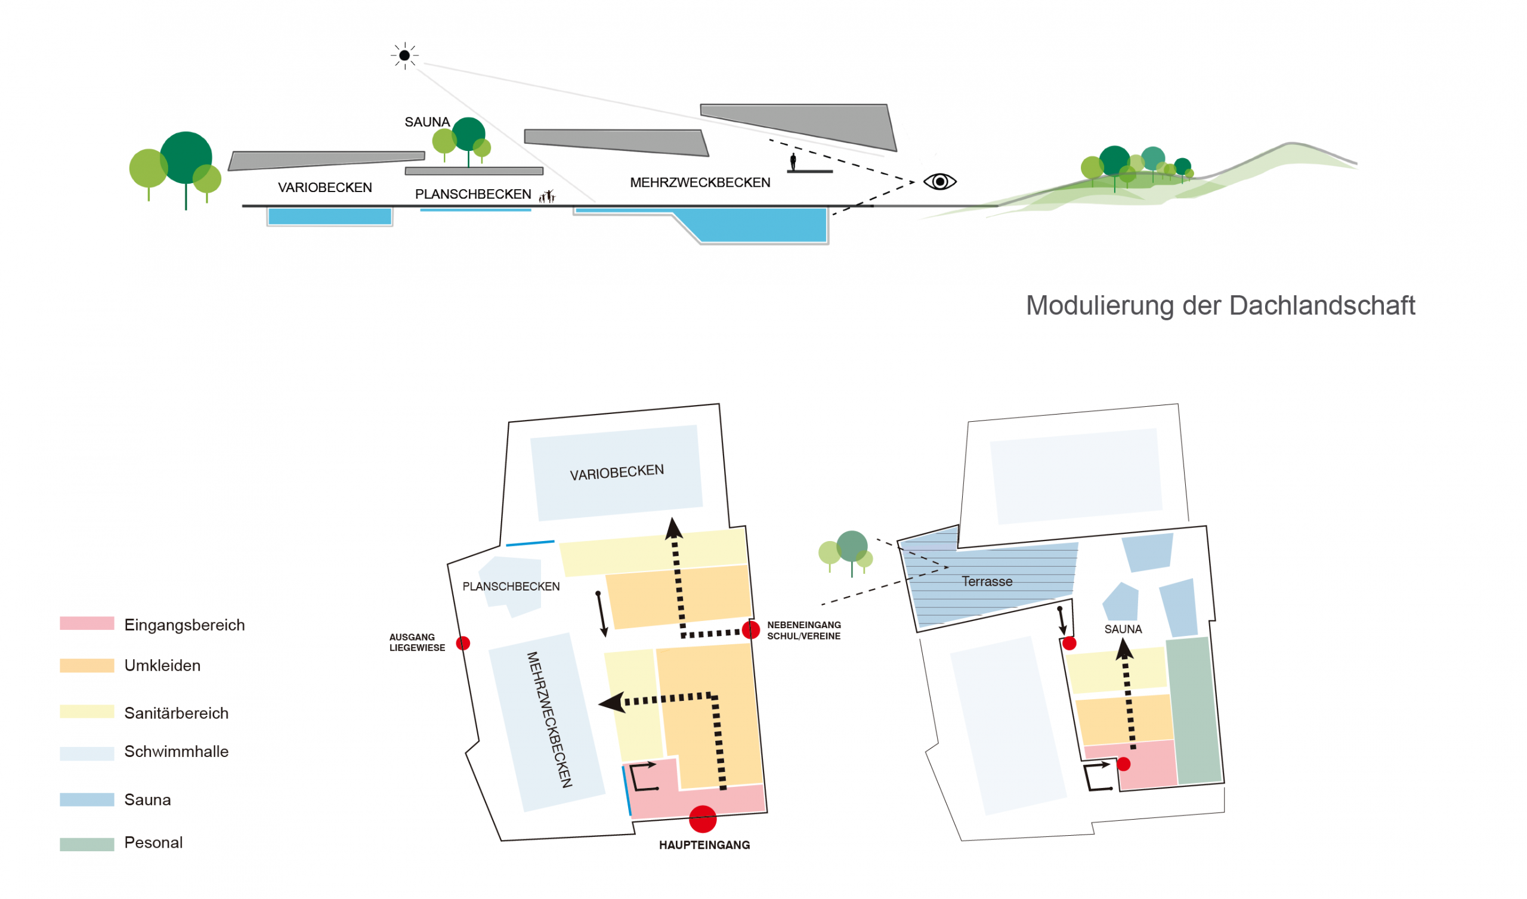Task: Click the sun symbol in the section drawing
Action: point(404,55)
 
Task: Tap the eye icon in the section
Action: point(939,181)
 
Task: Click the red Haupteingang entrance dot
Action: point(702,818)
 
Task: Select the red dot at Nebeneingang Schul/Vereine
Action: point(750,629)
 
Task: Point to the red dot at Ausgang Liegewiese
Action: point(462,642)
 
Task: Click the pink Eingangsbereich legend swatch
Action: point(86,623)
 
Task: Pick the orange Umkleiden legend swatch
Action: point(86,665)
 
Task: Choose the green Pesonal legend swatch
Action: point(86,844)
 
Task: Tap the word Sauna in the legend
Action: point(147,799)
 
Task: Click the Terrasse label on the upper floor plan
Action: point(987,582)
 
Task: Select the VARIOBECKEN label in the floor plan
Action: point(616,472)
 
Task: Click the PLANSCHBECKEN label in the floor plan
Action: point(511,586)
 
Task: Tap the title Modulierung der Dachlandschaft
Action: point(1220,305)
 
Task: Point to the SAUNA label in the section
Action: point(426,122)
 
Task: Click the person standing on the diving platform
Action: point(793,162)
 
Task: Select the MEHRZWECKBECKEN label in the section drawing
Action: point(700,183)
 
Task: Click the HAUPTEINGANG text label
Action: point(704,845)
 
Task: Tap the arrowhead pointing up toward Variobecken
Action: point(673,529)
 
